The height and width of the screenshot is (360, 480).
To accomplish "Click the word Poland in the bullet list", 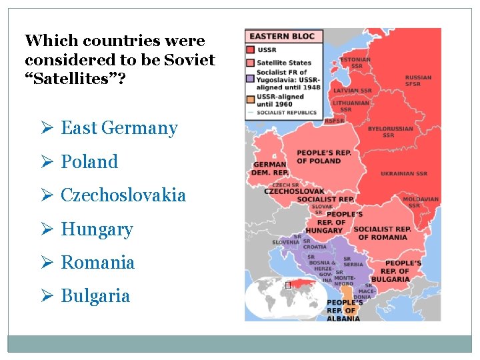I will click(89, 162).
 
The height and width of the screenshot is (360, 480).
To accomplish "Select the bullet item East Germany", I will click(119, 129).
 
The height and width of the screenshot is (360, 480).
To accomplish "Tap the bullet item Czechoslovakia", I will click(123, 196).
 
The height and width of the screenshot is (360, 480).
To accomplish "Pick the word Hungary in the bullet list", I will click(97, 230).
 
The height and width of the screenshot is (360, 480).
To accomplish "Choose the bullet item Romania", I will click(97, 263).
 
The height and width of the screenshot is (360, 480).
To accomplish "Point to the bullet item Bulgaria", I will click(95, 297).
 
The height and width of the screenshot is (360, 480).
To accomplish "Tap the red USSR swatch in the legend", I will click(250, 50).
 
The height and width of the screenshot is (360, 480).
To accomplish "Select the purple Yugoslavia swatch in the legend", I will click(250, 79).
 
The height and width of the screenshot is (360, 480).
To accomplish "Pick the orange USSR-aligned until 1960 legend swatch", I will click(250, 100).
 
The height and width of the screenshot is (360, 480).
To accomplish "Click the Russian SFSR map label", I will click(418, 81).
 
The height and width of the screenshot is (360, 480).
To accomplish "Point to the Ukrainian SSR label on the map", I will click(404, 174).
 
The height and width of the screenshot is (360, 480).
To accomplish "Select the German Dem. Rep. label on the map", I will click(269, 168).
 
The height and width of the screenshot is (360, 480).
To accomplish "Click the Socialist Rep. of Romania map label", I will click(382, 233).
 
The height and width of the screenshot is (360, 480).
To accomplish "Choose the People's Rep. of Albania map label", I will click(344, 311).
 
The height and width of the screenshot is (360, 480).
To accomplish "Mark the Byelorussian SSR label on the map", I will click(390, 132).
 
